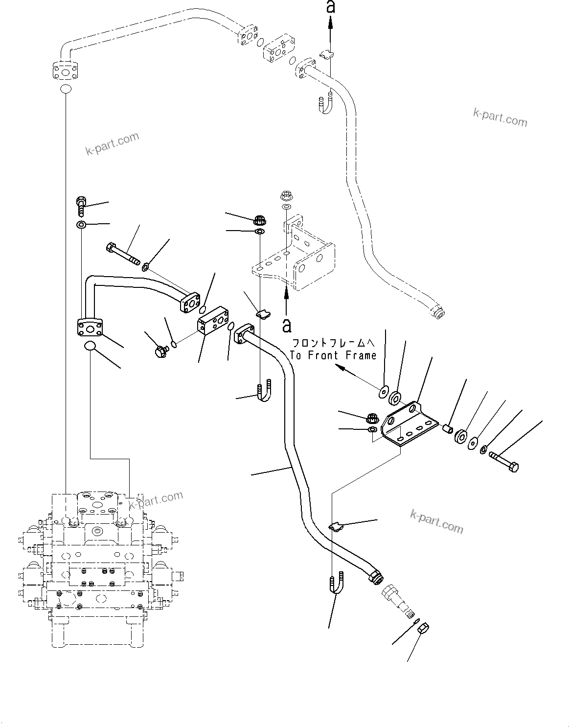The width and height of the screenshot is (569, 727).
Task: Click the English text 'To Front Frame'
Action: point(334,355)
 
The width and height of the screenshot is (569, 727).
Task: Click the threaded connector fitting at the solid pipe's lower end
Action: point(397,597)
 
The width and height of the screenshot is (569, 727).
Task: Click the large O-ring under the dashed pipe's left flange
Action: point(66,89)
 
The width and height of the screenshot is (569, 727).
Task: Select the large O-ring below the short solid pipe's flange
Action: point(90,347)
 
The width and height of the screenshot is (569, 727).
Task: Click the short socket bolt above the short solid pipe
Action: point(81,207)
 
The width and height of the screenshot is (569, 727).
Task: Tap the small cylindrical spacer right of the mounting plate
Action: point(446,429)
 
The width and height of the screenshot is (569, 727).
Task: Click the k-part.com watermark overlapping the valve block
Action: point(156,500)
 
